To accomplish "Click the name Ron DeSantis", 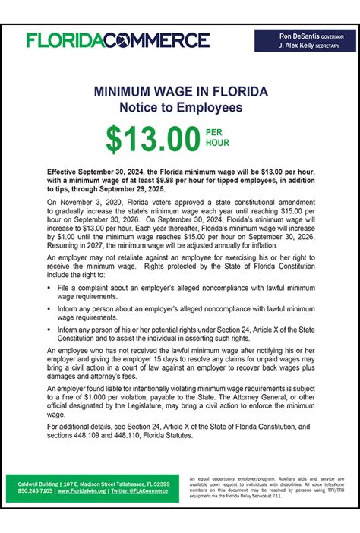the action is click(297, 36).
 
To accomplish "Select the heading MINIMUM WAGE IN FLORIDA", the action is click(180, 92).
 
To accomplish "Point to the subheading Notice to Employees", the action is click(180, 108).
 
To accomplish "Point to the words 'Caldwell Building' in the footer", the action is click(33, 483).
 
